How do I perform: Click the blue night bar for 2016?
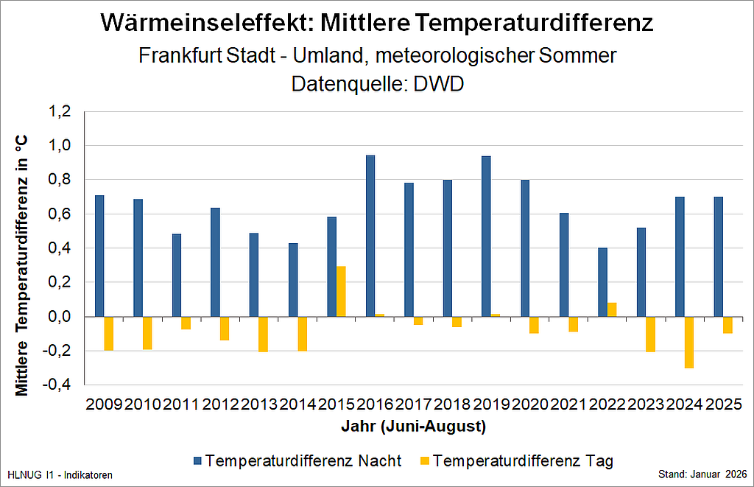point(370,236)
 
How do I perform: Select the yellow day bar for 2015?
point(342,291)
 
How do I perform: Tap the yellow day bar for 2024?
point(689,342)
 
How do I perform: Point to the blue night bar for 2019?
point(486,236)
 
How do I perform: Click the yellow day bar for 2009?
point(108,333)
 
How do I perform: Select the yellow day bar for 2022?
point(612,309)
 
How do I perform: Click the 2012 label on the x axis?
point(219,404)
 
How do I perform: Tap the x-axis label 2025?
point(723,404)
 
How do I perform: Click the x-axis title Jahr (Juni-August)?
point(413,426)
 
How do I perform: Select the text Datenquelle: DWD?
point(377,83)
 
